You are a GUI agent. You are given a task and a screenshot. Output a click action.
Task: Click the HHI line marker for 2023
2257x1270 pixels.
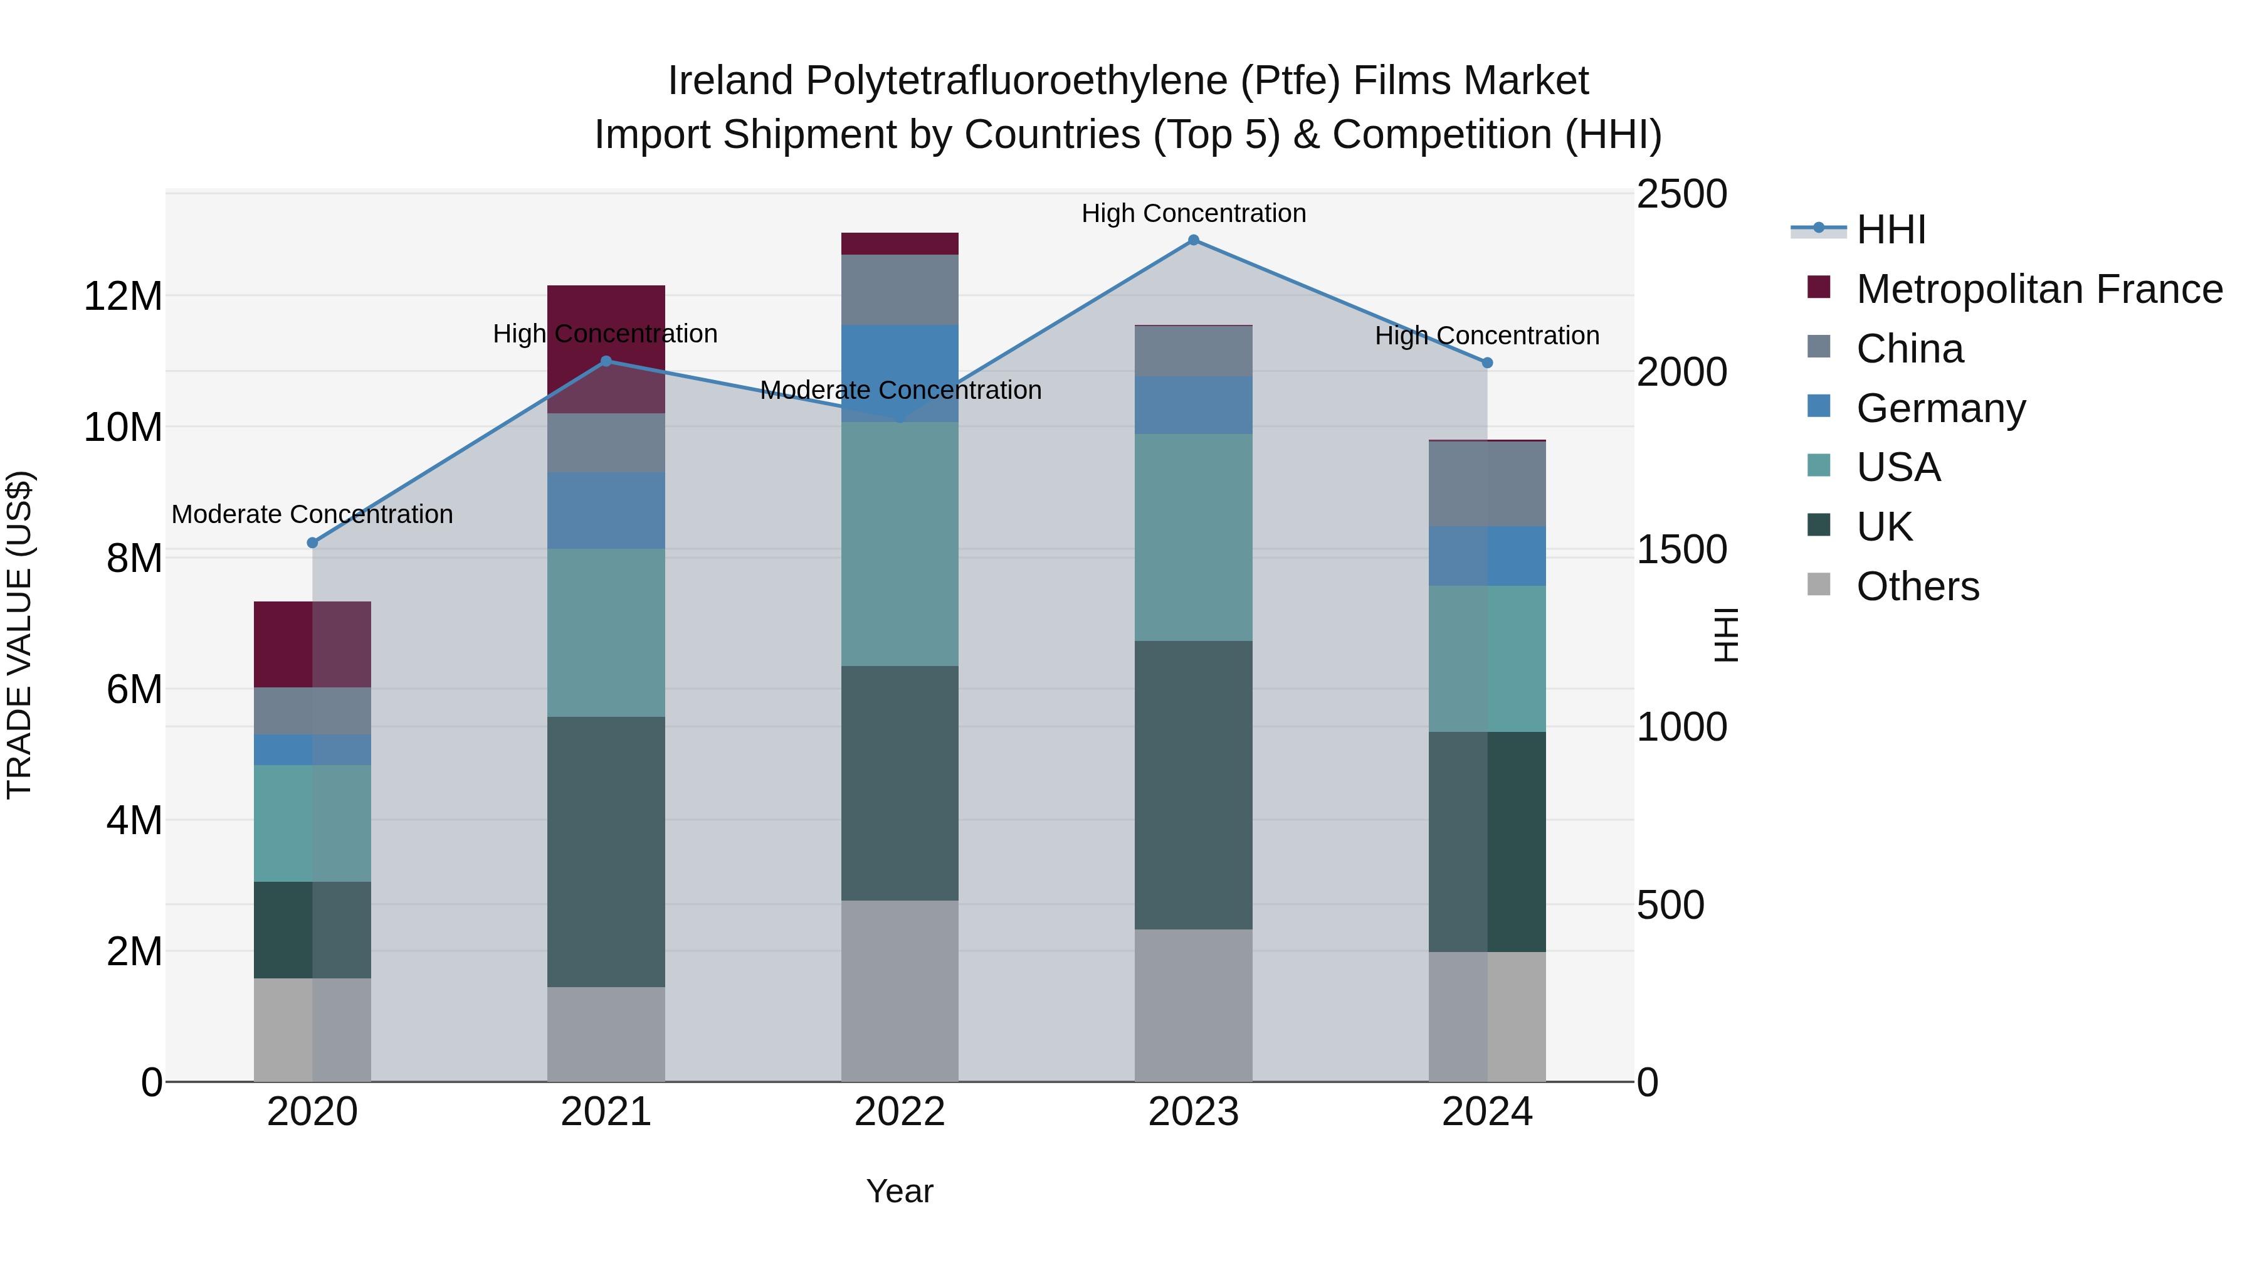click(x=1193, y=240)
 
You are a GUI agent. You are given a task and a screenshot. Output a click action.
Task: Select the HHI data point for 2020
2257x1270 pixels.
click(x=313, y=542)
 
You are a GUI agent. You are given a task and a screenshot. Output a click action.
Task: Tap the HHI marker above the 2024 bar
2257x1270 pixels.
click(x=1487, y=363)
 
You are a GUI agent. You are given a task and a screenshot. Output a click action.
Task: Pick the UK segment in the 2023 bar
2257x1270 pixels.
click(x=1193, y=785)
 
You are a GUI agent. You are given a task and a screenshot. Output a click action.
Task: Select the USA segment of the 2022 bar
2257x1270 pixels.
click(x=900, y=543)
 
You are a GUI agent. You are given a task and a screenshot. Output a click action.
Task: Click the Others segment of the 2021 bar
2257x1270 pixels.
click(x=606, y=1034)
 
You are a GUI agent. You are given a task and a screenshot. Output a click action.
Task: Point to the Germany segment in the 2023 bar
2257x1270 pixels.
click(x=1193, y=405)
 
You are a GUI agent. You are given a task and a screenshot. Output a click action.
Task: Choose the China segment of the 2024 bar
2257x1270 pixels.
click(x=1487, y=483)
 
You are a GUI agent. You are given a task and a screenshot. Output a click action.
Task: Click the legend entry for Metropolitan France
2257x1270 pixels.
click(x=2039, y=289)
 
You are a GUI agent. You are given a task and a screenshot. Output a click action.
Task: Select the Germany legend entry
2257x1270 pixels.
click(x=1940, y=408)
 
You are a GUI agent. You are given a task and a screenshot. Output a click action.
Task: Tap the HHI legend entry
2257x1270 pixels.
click(x=1891, y=230)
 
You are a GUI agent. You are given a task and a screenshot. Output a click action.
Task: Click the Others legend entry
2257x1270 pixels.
click(x=1917, y=586)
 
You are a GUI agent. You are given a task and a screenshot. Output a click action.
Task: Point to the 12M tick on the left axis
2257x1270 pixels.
click(x=123, y=296)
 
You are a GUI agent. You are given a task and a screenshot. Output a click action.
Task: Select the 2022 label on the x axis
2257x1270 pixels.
click(x=900, y=1112)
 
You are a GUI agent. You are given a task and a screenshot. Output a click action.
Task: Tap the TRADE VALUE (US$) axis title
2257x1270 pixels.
click(x=19, y=635)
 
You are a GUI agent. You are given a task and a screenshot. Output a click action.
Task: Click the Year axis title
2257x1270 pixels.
click(x=900, y=1191)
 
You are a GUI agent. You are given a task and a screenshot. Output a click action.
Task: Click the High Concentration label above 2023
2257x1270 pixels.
click(x=1193, y=213)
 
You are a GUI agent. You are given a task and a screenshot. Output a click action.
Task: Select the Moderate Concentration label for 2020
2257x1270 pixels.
click(x=312, y=514)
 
